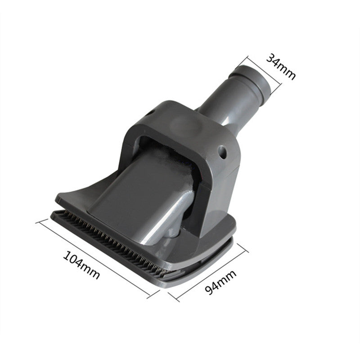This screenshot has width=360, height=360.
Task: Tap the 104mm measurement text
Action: pyautogui.click(x=81, y=265)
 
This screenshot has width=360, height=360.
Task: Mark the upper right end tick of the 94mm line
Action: pyautogui.click(x=247, y=247)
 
